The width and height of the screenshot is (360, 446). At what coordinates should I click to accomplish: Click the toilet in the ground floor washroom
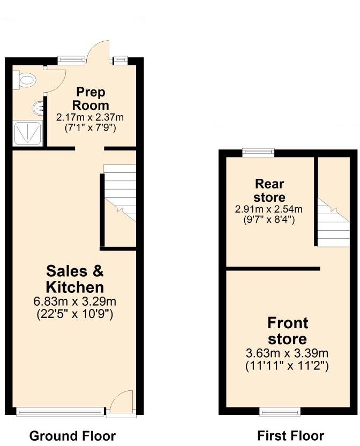tap(25, 81)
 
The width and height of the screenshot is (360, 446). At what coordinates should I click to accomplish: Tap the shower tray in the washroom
tap(24, 133)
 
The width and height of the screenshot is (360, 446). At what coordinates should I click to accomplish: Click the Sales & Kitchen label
tap(75, 278)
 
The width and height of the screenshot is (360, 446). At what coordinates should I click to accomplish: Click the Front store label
tap(288, 330)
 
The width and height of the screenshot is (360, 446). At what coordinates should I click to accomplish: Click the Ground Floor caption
tap(72, 435)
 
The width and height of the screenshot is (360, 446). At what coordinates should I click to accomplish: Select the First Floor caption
tap(291, 435)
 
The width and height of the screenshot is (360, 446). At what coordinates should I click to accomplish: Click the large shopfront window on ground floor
tap(60, 412)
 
